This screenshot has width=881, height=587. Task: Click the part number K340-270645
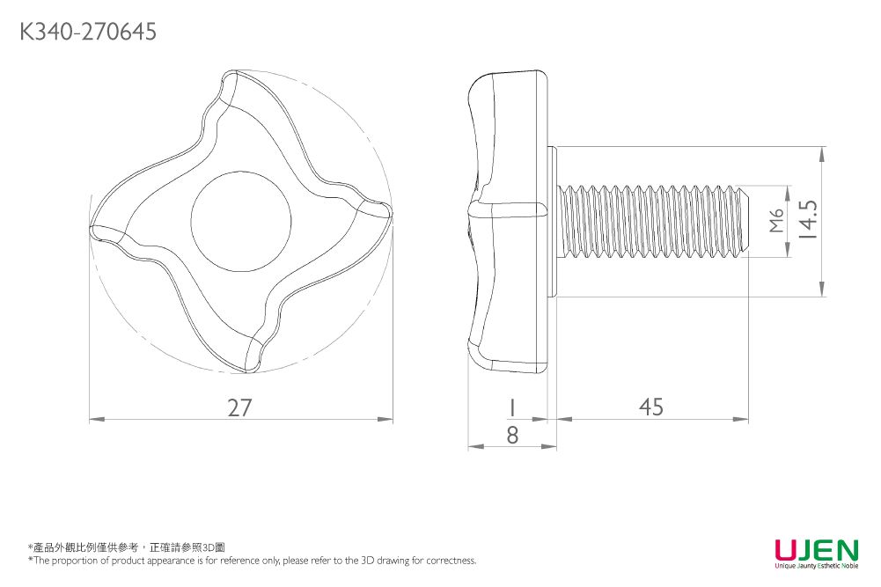pos(88,33)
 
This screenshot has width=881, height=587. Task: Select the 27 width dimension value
pos(240,407)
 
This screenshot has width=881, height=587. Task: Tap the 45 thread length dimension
pos(651,407)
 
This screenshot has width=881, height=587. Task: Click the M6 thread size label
pos(775,221)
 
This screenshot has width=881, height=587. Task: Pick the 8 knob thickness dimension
pos(512,435)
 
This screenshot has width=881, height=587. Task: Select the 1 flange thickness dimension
pos(510,407)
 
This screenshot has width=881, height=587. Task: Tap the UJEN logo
pos(816,550)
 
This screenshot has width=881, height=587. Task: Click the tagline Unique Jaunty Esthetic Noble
pos(816,566)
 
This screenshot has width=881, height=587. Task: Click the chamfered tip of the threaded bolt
pos(745,221)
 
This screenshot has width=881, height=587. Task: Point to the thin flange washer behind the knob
pos(553,222)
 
